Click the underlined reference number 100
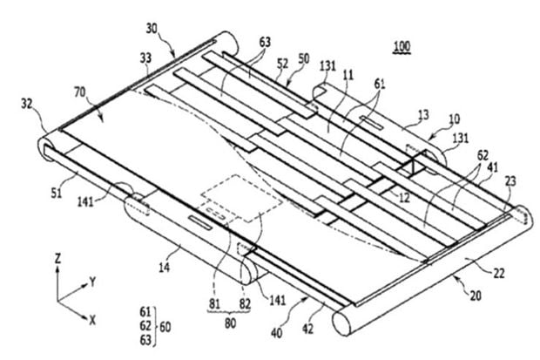pos(402,46)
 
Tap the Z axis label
pos(58,258)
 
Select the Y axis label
pos(92,282)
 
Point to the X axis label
pos(92,321)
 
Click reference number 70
pos(80,92)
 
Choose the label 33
pos(145,58)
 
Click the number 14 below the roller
pos(164,267)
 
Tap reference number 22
pos(499,274)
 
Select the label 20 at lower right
pos(476,295)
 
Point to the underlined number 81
pos(214,304)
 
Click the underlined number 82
pos(245,304)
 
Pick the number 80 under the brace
pos(230,323)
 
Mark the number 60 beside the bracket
pos(165,327)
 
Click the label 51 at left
pos(57,194)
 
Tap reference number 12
pos(404,198)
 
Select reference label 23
pos(510,180)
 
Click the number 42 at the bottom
pos(307,329)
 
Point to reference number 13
pos(423,114)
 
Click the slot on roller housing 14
pos(199,223)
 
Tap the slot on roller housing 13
pos(372,123)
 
